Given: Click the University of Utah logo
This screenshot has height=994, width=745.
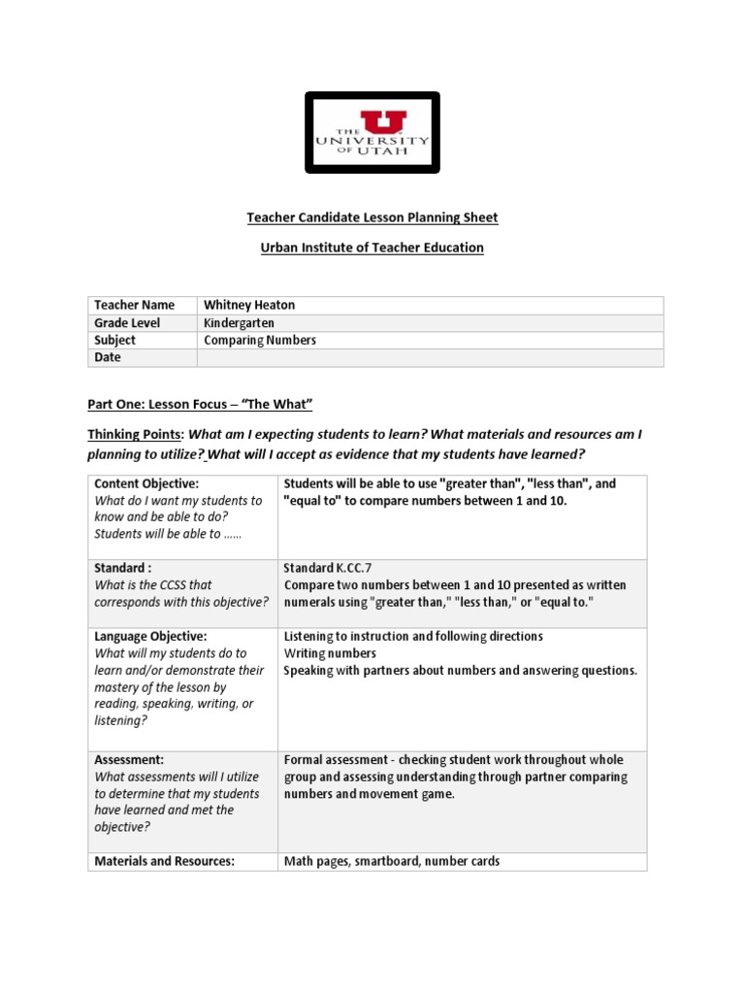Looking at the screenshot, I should (x=372, y=133).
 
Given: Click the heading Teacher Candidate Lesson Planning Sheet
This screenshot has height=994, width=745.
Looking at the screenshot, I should (x=372, y=217).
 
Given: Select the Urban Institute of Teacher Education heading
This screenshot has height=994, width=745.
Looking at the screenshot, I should (x=372, y=248).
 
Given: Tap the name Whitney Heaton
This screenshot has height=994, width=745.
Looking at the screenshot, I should (x=249, y=305).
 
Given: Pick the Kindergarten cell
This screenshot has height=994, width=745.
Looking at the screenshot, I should (x=239, y=322).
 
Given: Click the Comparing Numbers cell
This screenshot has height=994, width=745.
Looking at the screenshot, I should (x=260, y=340).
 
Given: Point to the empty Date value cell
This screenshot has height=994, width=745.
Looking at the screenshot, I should (x=430, y=357).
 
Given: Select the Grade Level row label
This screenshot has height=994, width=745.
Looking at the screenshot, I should (x=127, y=322).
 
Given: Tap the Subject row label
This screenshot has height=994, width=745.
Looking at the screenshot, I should (x=115, y=340).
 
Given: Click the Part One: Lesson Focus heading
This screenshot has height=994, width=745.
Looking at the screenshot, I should (x=201, y=403).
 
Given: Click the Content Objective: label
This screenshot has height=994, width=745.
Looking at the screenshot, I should (x=146, y=483).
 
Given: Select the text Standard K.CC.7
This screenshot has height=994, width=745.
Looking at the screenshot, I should (x=328, y=567).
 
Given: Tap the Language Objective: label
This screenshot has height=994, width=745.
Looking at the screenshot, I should (x=150, y=636).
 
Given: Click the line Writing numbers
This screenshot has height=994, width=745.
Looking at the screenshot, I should (x=330, y=653).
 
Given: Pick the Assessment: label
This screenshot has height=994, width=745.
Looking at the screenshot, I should (x=129, y=760).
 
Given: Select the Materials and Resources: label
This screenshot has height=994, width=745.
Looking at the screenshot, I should (x=165, y=861).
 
